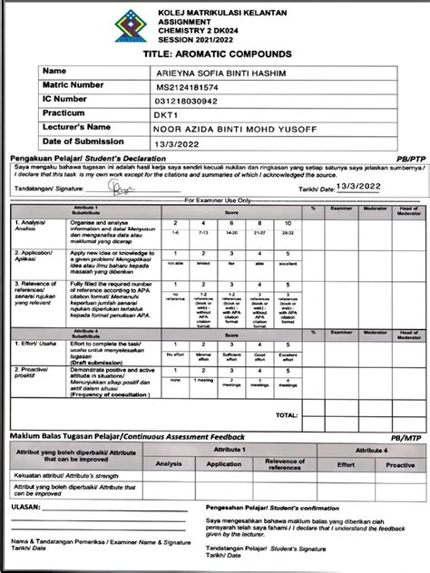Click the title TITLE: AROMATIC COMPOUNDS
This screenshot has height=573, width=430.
tap(215, 54)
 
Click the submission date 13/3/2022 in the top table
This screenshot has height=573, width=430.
tap(177, 145)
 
